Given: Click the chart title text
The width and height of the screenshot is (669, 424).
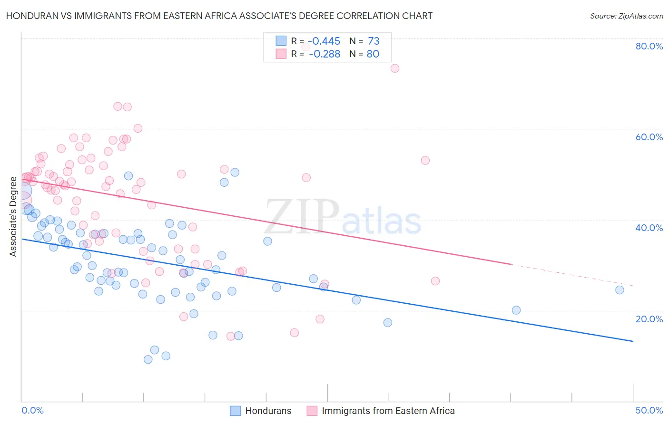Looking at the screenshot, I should (x=219, y=16).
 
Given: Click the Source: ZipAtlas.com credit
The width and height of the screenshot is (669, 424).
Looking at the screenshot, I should (x=626, y=16).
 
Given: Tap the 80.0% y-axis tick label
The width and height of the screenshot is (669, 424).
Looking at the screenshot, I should (x=649, y=46).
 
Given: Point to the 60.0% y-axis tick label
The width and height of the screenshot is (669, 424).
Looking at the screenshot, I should (x=649, y=137).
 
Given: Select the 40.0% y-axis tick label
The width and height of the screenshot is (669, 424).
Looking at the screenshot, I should (x=649, y=228).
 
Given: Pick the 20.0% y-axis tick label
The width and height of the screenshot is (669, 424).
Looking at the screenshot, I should (x=649, y=318).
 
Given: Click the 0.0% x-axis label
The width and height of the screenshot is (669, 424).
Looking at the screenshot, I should (x=32, y=410).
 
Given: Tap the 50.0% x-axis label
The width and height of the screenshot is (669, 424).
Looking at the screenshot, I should (x=649, y=410).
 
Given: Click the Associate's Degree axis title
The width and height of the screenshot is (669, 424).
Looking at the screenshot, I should (x=13, y=216).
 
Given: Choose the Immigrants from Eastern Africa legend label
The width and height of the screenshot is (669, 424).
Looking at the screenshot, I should (x=388, y=411).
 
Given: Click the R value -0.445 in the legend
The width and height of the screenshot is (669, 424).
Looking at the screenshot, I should (x=324, y=41).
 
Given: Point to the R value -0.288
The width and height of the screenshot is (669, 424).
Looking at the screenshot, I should (x=325, y=54).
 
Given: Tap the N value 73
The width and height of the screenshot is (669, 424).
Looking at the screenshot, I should (x=374, y=41).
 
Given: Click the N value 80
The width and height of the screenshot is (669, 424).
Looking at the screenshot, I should (x=373, y=54).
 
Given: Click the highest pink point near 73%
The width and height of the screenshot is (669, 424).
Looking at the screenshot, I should (x=394, y=68).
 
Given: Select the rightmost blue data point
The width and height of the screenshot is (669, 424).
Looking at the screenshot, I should (x=620, y=290).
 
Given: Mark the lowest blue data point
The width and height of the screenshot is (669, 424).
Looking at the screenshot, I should (x=148, y=359).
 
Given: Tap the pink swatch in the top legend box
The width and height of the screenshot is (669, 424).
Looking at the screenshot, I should (x=281, y=54).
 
